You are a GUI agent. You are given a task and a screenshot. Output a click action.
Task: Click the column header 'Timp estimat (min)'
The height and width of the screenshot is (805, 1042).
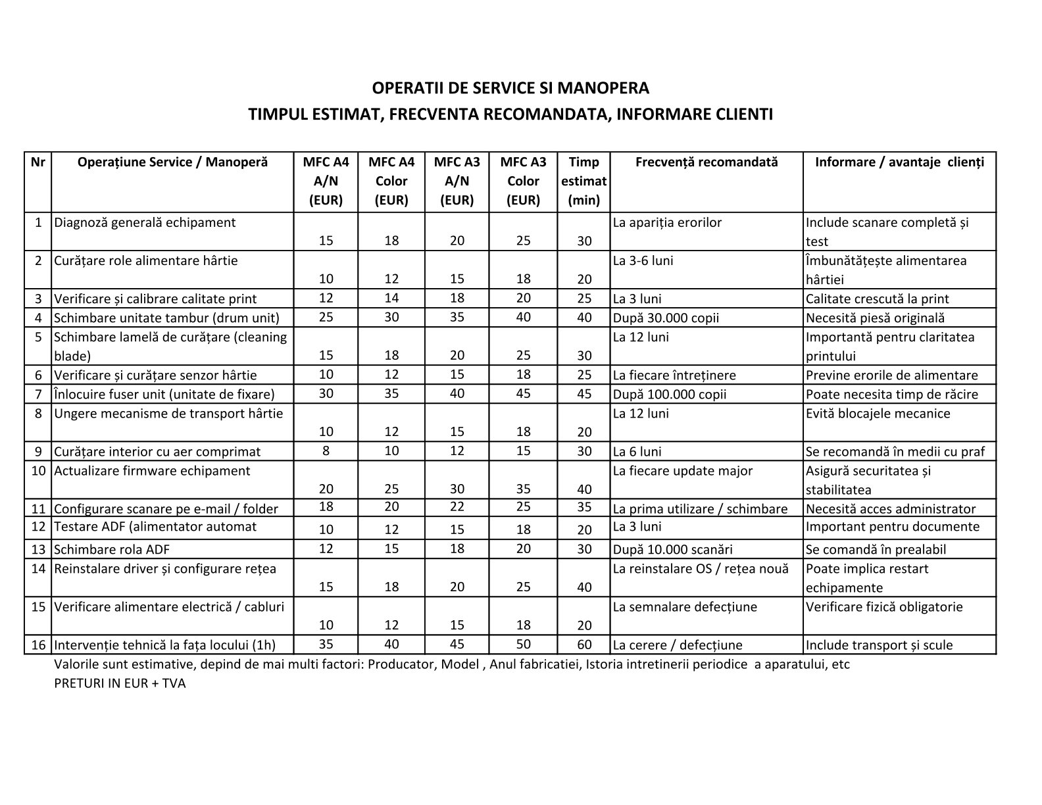pos(583,181)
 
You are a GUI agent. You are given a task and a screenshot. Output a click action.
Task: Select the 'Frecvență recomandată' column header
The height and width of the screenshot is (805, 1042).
pos(706,162)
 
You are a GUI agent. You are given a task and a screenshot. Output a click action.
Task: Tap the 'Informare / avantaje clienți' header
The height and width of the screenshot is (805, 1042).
pos(899,162)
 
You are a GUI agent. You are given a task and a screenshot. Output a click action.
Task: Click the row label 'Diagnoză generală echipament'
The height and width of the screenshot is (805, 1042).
pos(145,222)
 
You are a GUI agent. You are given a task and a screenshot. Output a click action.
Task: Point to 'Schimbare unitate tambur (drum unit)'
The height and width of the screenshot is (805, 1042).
pos(166,318)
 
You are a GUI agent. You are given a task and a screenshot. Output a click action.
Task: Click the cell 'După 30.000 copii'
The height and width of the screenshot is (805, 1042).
pos(666,318)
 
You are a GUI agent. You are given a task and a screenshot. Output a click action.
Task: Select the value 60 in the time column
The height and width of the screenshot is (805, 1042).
pos(584,645)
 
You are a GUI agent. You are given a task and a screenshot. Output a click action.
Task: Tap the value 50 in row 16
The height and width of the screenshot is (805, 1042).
pos(523,644)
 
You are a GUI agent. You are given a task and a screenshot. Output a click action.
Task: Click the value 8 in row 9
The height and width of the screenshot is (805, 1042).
pos(326,451)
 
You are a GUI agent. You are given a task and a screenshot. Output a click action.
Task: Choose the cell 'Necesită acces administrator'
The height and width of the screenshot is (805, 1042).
pos(891,508)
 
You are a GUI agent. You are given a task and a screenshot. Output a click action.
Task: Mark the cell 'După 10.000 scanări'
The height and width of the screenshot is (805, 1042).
pos(672,549)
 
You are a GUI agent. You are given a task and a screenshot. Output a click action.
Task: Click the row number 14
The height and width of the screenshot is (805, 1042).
pos(38,568)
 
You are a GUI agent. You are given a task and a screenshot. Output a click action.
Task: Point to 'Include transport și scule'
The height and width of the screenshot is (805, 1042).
pos(879,645)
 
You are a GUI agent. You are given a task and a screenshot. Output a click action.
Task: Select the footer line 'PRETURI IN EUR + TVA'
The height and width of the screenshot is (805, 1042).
pos(120,683)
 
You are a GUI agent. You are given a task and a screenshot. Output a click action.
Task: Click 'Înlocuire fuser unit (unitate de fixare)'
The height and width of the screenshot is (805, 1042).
pos(164,394)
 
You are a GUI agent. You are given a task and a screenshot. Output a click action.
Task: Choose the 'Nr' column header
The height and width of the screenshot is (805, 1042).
pos(38,162)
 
